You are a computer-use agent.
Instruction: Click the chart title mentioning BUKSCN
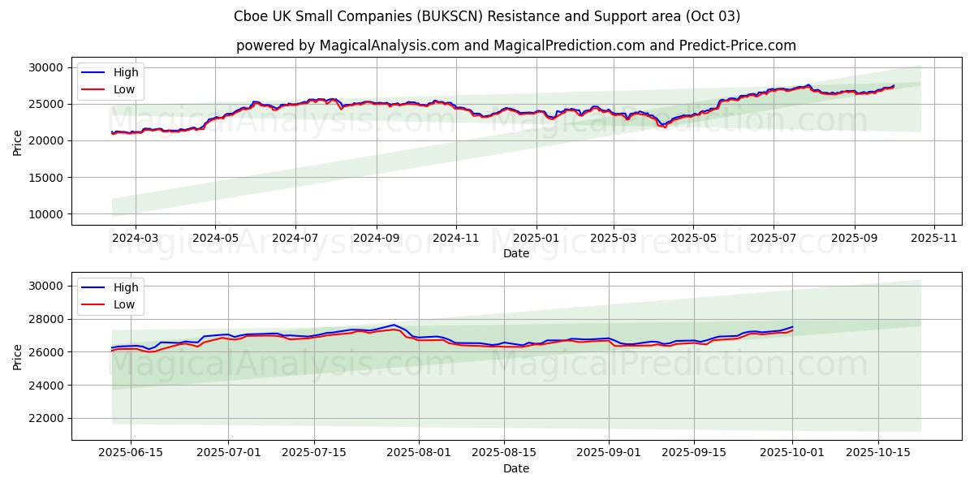[x=487, y=16]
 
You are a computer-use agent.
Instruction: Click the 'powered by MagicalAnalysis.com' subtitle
[x=516, y=45]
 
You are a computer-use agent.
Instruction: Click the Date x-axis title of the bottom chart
[x=516, y=468]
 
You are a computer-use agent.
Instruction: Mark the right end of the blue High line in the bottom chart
[x=793, y=327]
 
